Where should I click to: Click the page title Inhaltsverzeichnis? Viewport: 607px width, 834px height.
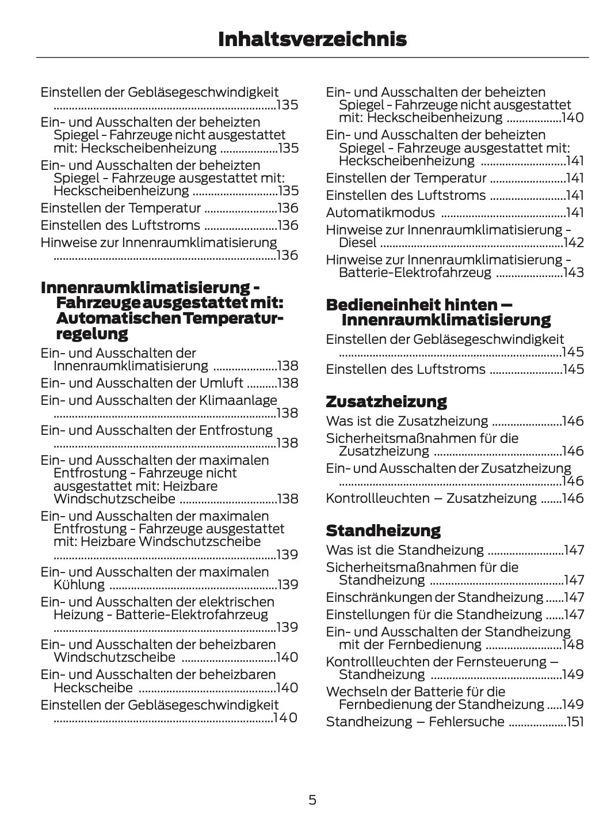[x=312, y=39]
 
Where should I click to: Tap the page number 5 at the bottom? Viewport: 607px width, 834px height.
[x=312, y=799]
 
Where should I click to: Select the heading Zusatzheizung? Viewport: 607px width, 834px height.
[x=386, y=401]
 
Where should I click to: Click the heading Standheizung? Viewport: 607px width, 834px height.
[x=383, y=530]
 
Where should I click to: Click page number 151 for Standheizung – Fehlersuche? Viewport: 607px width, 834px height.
[x=575, y=722]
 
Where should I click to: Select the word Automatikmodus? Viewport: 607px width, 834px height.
[x=380, y=213]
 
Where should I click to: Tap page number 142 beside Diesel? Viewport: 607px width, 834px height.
[x=574, y=242]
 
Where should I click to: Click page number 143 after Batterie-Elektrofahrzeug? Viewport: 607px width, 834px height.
[x=574, y=272]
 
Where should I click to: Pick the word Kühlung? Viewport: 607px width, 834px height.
[x=79, y=585]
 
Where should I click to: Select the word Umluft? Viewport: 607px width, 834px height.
[x=221, y=383]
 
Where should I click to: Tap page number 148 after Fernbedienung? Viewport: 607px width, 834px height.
[x=574, y=645]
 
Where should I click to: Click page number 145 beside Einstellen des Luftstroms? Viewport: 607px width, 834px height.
[x=573, y=369]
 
